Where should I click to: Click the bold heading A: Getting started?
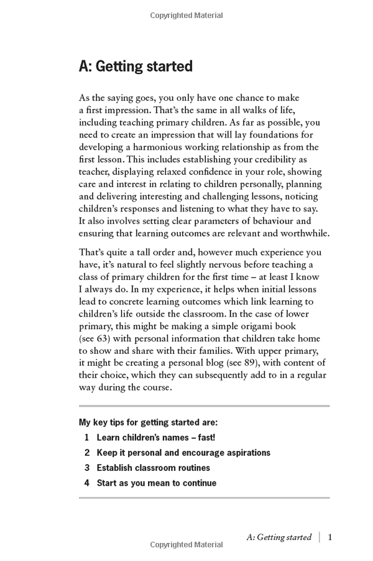coord(136,67)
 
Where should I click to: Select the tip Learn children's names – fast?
coord(156,438)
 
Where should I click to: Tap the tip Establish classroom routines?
coord(154,468)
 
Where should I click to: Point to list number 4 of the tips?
coord(87,483)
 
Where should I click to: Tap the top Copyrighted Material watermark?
coord(186,14)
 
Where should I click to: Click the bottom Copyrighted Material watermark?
coord(186,545)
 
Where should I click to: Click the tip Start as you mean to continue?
coord(157,483)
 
